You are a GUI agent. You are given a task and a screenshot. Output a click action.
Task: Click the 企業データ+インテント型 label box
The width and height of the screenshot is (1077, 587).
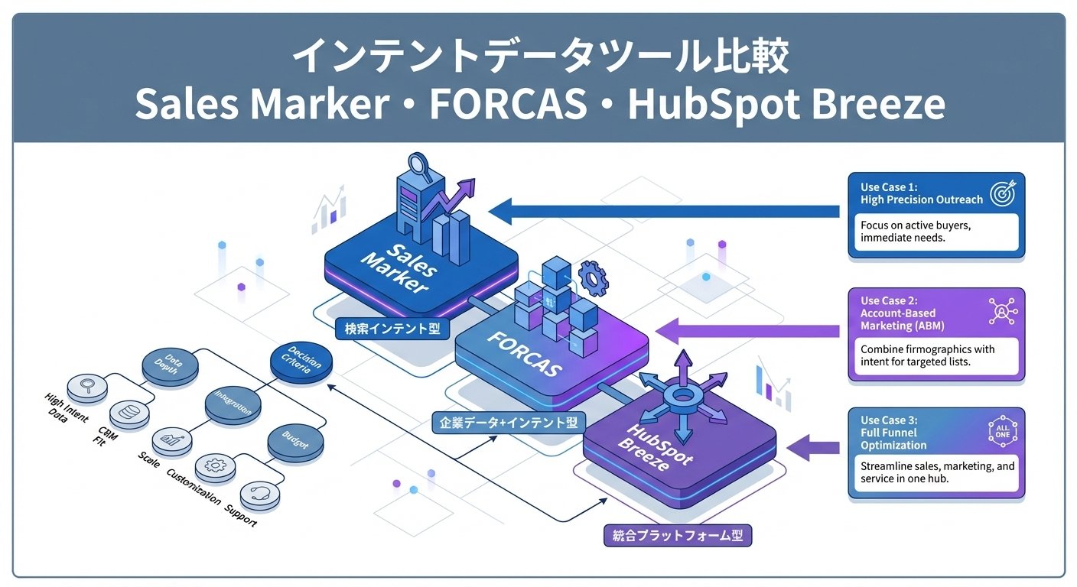coord(508,422)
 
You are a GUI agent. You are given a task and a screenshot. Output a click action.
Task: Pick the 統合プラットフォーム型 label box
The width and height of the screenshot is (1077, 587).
coord(678,536)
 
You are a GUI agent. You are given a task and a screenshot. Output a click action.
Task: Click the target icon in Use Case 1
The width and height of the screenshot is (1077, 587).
coord(1001,193)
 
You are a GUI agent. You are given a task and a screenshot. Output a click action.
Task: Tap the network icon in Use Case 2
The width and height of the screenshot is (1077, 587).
coord(1000,312)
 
